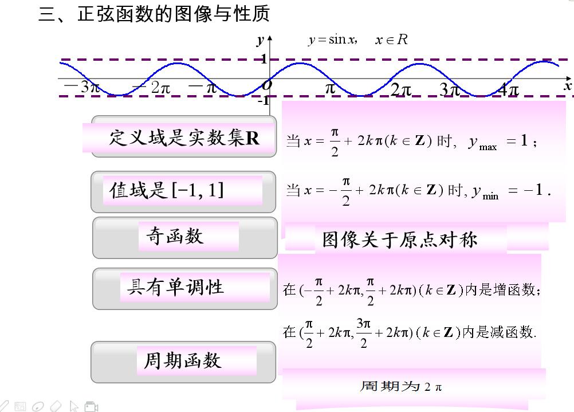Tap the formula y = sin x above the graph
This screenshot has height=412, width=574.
[x=332, y=40]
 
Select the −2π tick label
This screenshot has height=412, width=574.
[x=152, y=88]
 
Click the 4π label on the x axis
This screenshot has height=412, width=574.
[x=508, y=90]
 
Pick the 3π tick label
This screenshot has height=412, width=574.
[x=450, y=90]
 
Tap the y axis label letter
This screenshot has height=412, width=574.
[x=261, y=40]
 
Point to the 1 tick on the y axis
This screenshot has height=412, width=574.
[x=264, y=59]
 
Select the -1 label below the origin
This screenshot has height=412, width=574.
[x=263, y=101]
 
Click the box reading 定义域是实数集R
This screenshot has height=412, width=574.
[x=183, y=138]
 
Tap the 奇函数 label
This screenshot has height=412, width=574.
[x=175, y=236]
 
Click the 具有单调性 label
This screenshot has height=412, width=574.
[x=175, y=287]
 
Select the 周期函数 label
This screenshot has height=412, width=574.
[x=182, y=360]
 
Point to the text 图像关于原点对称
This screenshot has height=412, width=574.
[x=399, y=239]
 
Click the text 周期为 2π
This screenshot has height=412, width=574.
[x=401, y=386]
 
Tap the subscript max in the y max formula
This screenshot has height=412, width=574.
[x=488, y=147]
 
